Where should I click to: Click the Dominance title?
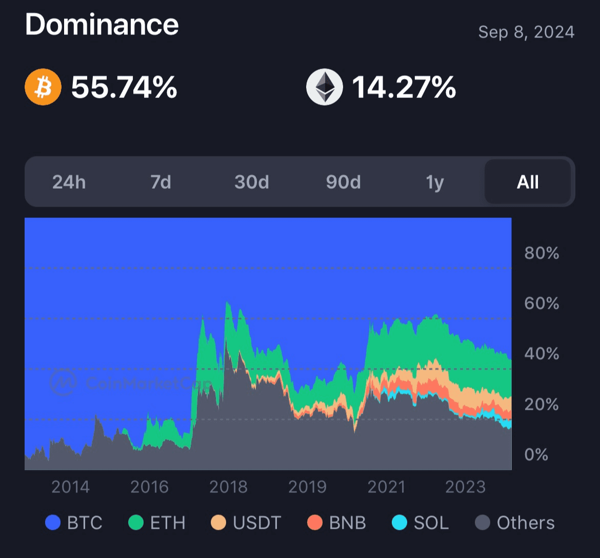click(x=102, y=24)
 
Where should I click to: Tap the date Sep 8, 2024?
click(x=526, y=32)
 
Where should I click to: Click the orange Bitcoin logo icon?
click(x=43, y=87)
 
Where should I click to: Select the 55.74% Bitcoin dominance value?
click(x=124, y=87)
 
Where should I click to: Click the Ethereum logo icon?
click(x=324, y=87)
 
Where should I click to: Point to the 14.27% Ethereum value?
click(x=404, y=87)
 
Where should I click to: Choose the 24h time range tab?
click(x=69, y=182)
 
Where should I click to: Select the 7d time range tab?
click(x=161, y=182)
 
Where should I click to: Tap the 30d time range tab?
click(x=252, y=182)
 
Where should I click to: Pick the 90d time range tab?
click(x=344, y=182)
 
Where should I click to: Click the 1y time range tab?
click(x=435, y=182)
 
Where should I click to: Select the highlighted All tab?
click(x=528, y=182)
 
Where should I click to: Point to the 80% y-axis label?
click(x=542, y=253)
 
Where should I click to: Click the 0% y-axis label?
click(x=536, y=454)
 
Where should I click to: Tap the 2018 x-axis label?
click(x=228, y=487)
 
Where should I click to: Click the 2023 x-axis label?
click(x=466, y=487)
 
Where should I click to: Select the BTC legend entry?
click(x=74, y=523)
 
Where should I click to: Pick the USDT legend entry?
click(x=246, y=523)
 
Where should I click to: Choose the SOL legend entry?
click(x=421, y=523)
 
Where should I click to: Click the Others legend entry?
click(x=515, y=523)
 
